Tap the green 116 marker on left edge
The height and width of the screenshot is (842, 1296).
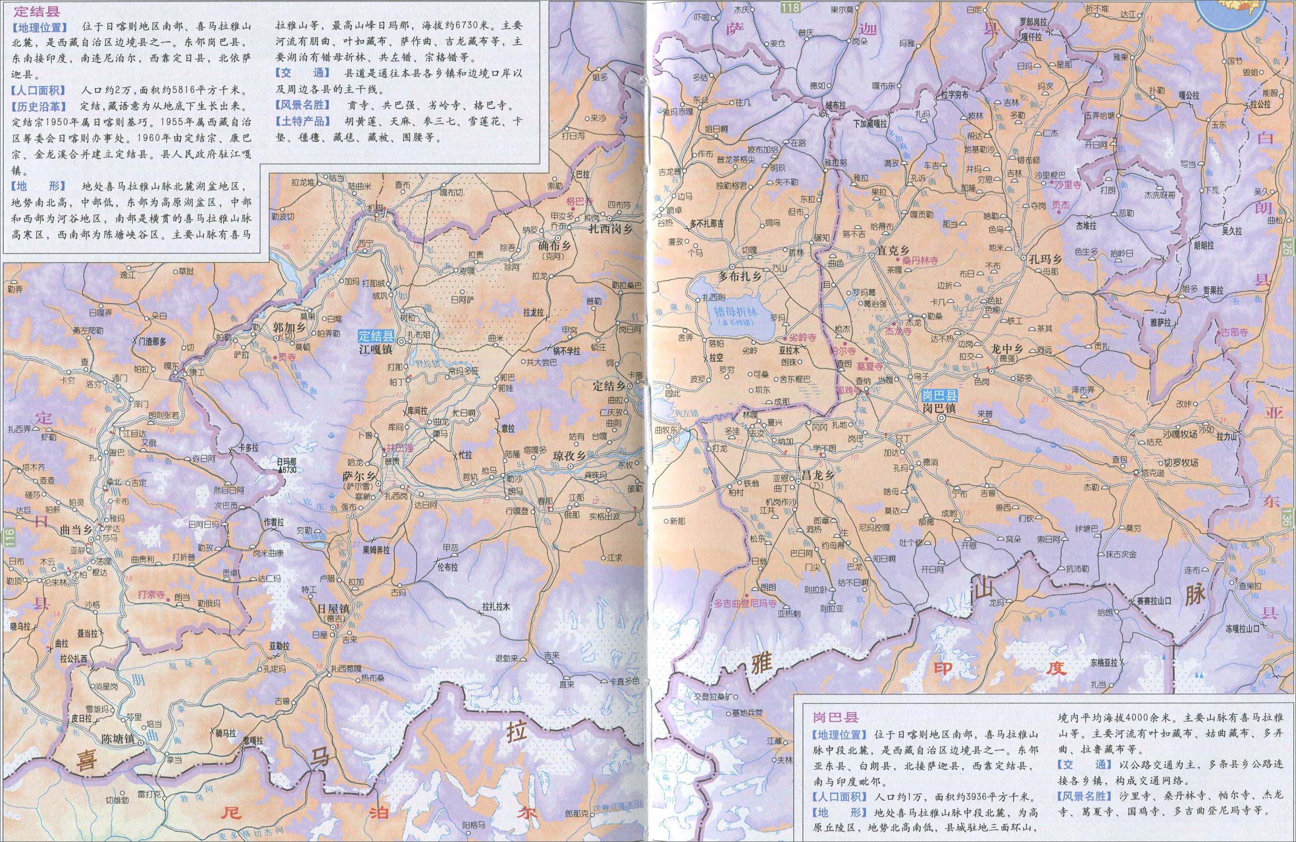[7, 534]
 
